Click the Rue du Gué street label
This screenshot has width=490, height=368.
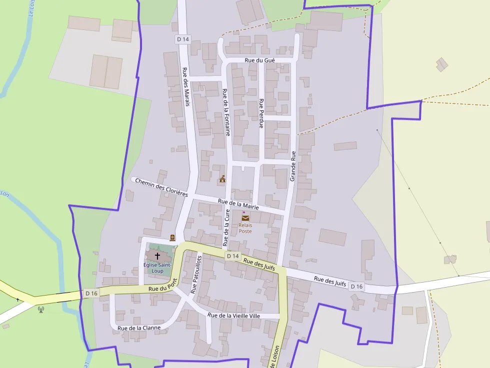click(x=259, y=60)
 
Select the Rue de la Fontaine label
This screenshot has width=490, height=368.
click(x=226, y=112)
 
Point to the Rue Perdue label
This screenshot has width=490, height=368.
click(x=261, y=113)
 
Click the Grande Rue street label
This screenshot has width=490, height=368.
click(x=293, y=165)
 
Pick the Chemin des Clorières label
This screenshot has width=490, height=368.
click(x=161, y=187)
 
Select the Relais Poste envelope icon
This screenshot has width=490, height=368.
click(x=245, y=217)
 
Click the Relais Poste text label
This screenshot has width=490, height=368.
click(x=245, y=228)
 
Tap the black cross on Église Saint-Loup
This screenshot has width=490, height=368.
click(x=157, y=255)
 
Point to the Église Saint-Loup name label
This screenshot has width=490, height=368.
click(x=157, y=268)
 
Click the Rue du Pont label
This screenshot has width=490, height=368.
click(x=163, y=286)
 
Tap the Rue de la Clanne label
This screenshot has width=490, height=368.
click(x=139, y=328)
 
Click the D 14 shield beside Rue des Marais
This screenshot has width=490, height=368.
click(x=183, y=39)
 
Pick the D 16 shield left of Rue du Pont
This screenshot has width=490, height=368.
click(x=91, y=293)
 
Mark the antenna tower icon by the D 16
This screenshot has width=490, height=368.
click(x=41, y=309)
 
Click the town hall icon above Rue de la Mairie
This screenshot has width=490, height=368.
click(x=222, y=179)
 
